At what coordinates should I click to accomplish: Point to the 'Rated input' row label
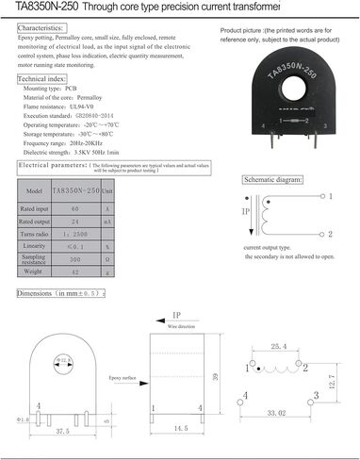(34, 208)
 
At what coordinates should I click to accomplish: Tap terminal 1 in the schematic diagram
(331, 196)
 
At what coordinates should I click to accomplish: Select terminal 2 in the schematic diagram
(331, 230)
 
